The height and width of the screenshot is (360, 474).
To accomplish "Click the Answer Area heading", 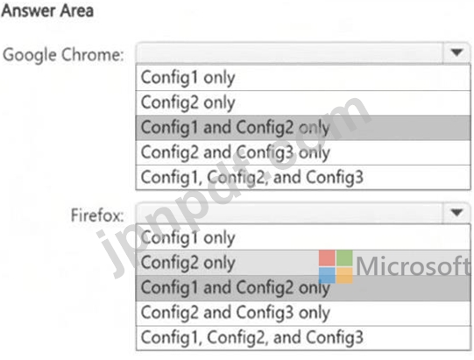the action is (x=47, y=11).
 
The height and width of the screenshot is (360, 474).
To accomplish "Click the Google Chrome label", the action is (x=63, y=55).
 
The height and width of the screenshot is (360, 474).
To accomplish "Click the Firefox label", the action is (x=97, y=215).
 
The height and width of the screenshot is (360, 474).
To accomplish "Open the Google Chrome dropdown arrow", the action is (x=456, y=53).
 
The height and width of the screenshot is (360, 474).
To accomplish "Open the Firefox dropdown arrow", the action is (x=456, y=213).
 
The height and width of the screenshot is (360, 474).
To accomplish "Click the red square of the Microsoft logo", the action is (x=327, y=258).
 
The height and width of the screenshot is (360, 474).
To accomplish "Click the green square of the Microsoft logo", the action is (x=344, y=258).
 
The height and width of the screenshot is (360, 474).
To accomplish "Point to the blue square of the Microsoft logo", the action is (x=327, y=275).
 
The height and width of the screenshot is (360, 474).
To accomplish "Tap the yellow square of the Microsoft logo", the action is (x=344, y=275).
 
